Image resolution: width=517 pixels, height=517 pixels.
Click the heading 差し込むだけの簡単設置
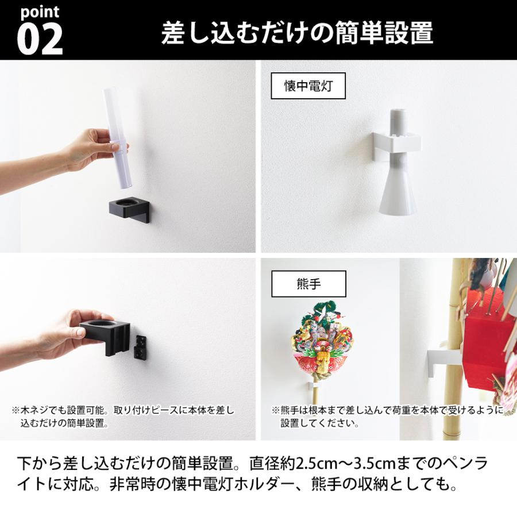[x=296, y=33]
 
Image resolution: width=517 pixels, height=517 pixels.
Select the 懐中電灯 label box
[x=308, y=86]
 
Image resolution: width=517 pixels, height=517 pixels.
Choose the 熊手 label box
[x=308, y=283]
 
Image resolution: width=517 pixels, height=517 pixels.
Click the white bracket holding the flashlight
[x=397, y=142]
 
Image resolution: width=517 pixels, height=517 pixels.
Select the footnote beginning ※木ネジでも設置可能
[x=123, y=417]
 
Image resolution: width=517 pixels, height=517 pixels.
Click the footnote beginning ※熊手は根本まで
[x=387, y=417]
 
